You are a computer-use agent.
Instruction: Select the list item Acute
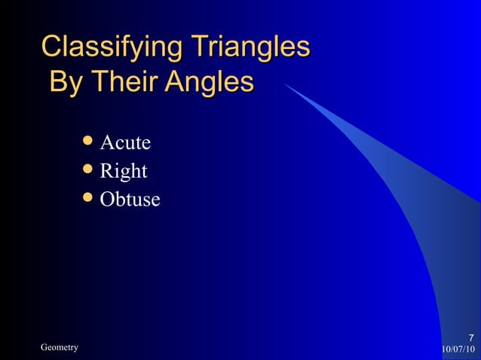pos(126,142)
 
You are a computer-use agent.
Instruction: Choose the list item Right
pos(124,172)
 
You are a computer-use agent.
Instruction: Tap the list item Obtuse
pos(130,200)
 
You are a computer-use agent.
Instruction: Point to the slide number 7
pos(470,337)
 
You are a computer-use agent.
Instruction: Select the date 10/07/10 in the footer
pos(458,349)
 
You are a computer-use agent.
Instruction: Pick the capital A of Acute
pos(107,142)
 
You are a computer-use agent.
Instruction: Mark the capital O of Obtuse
pos(108,200)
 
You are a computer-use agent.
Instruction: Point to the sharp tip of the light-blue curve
pos(284,84)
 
